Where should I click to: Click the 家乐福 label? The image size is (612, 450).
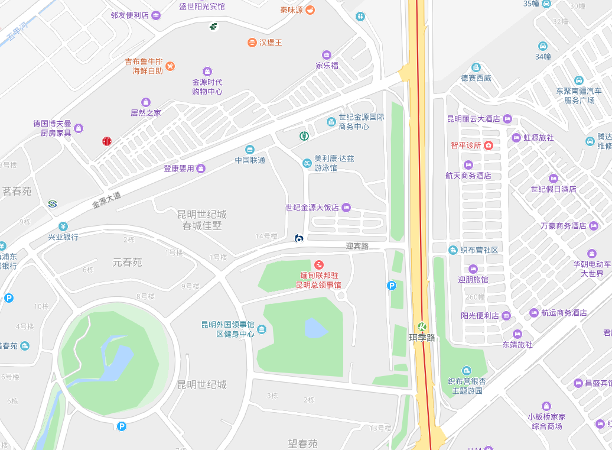point(327,65)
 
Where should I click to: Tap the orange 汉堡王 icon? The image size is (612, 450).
point(252,43)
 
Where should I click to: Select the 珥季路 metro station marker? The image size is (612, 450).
point(422,326)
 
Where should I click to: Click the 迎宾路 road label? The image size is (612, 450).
point(357,246)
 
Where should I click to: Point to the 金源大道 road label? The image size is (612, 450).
point(106,199)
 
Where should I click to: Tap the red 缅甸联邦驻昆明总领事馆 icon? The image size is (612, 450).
point(319,264)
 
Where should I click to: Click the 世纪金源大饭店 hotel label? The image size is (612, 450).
point(312,208)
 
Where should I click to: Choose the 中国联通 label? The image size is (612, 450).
point(250,160)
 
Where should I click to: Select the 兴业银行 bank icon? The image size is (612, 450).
point(63,226)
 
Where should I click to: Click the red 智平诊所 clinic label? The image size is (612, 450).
point(465,145)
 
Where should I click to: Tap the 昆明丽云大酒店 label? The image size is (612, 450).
point(474,119)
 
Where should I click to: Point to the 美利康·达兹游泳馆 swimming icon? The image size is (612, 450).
point(307,163)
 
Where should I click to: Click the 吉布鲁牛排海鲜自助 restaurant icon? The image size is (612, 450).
point(170,66)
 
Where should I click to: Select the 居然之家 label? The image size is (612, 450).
point(146,112)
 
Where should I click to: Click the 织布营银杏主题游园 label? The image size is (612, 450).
point(467,386)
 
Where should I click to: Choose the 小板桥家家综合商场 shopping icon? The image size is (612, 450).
point(546,406)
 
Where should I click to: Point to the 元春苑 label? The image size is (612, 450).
point(128,262)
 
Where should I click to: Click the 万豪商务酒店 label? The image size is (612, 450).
point(564,226)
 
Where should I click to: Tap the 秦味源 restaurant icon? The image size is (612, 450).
point(310,10)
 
